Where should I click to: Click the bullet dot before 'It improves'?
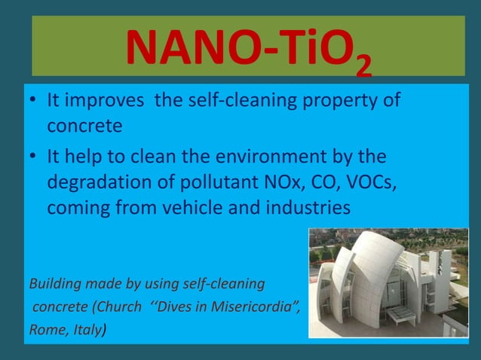point(34,101)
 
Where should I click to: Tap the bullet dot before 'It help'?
point(34,157)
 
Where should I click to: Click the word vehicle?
point(209,207)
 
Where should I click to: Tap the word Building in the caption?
point(54,284)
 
